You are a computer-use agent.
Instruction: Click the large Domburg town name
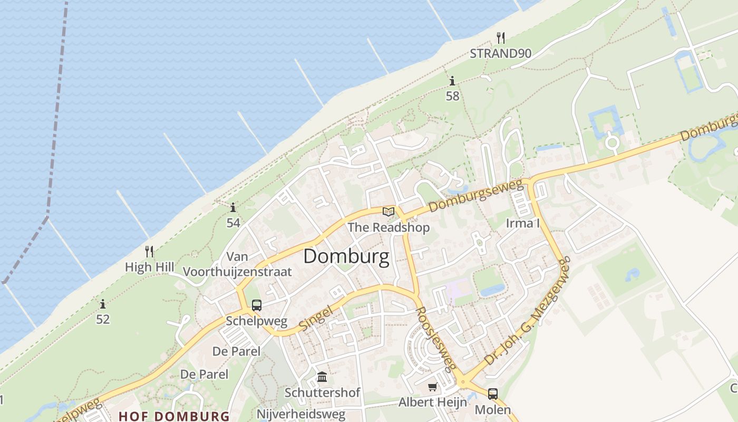pos(346,256)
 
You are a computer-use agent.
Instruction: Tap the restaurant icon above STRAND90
pos(501,37)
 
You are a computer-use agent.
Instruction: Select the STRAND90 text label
pos(500,53)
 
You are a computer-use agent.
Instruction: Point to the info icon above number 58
pos(452,81)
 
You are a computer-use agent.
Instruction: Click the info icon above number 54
pos(233,207)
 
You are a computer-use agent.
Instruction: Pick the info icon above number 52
pos(103,304)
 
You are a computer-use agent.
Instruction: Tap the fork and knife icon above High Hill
pos(149,252)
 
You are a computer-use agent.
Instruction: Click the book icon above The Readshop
pos(389,212)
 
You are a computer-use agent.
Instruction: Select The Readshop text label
pos(389,227)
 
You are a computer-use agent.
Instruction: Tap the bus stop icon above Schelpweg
pos(257,305)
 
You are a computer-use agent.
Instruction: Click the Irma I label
pos(522,223)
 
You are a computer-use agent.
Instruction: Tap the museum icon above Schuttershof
pos(322,377)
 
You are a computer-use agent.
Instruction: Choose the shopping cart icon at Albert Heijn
pos(433,387)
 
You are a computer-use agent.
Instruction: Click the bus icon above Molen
pos(493,394)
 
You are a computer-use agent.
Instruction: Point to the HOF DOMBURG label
pos(174,416)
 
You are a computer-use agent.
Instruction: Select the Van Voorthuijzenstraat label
pos(237,264)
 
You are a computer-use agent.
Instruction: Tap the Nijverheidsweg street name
pos(301,414)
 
